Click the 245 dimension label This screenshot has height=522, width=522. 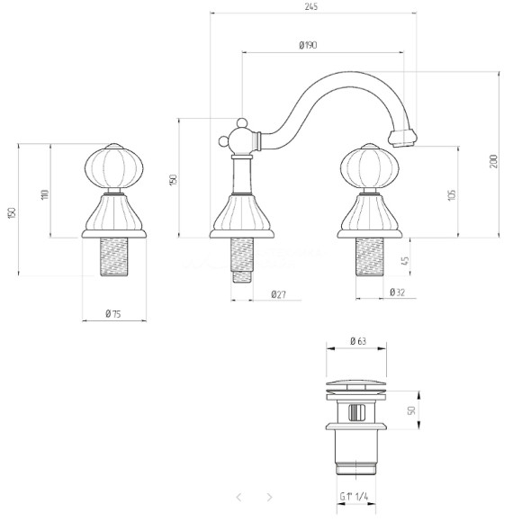[x=311, y=6]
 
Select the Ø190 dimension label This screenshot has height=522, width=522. [x=308, y=45]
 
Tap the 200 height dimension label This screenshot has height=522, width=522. [x=494, y=161]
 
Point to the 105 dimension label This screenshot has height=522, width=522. [x=452, y=195]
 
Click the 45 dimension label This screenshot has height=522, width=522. [x=405, y=260]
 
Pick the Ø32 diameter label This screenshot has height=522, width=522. [x=398, y=292]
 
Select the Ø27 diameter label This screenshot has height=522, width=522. [x=278, y=294]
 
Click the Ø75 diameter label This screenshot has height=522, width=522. [x=113, y=313]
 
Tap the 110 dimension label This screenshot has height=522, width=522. [x=45, y=194]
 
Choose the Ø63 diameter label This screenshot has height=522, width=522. [x=358, y=341]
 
